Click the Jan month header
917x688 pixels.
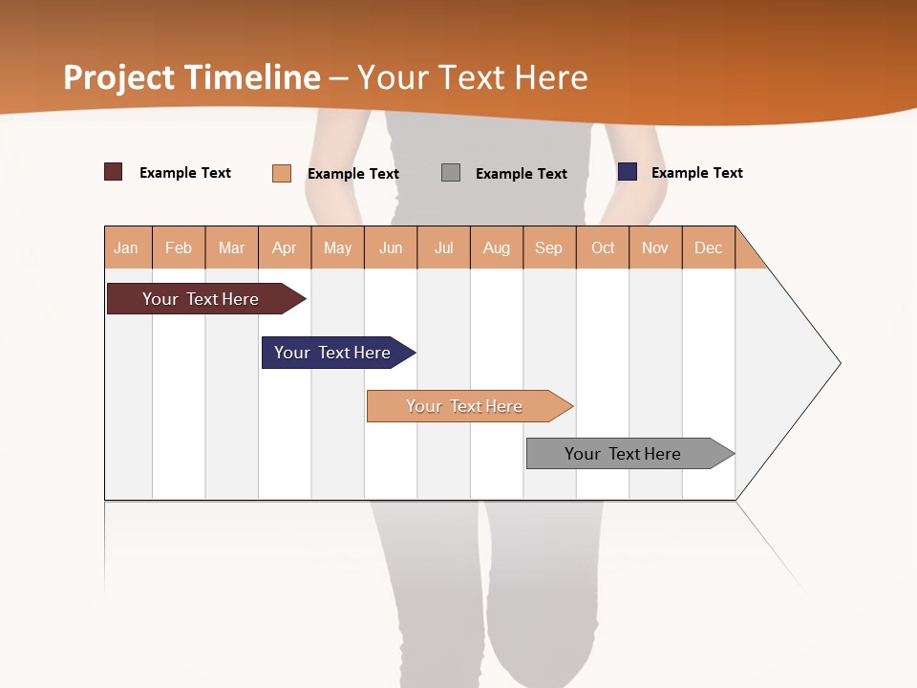click(x=127, y=247)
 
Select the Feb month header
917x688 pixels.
click(x=179, y=247)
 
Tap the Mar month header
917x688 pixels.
click(x=231, y=247)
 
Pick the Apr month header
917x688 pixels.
click(x=285, y=247)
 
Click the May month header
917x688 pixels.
click(x=337, y=247)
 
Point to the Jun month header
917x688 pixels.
click(x=391, y=247)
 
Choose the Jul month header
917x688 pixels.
click(x=443, y=247)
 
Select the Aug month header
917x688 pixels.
click(x=497, y=247)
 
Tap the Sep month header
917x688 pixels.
click(x=549, y=247)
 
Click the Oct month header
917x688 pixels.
click(x=603, y=247)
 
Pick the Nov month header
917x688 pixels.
click(x=655, y=247)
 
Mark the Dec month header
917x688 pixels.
click(x=709, y=247)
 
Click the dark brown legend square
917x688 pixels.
click(x=114, y=172)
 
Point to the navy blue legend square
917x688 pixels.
click(x=628, y=172)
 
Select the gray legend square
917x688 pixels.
click(x=451, y=173)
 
